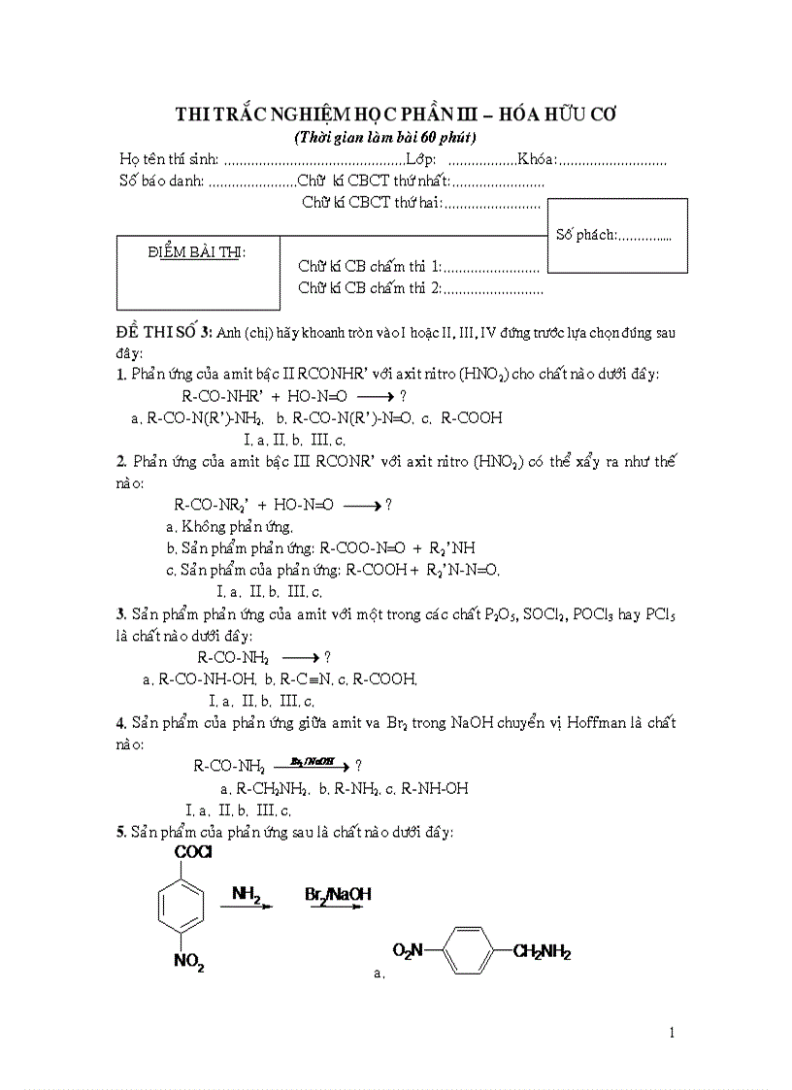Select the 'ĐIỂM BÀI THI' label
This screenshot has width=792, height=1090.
(197, 252)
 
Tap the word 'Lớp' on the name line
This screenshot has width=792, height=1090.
(421, 158)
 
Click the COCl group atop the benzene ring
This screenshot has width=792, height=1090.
(194, 852)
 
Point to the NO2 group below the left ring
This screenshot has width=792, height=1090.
(188, 962)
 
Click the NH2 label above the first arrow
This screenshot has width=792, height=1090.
(246, 893)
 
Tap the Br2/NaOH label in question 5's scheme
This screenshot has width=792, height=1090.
(338, 893)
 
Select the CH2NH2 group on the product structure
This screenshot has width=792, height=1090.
(542, 953)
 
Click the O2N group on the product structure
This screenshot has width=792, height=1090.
(410, 951)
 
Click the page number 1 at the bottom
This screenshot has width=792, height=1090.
(673, 1032)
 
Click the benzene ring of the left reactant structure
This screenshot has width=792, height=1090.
(181, 908)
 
